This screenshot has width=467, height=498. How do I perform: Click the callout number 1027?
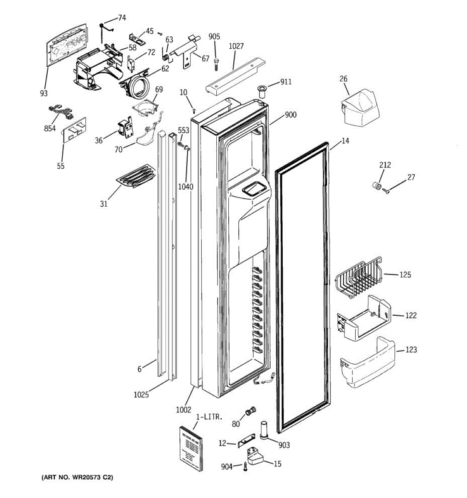(236, 46)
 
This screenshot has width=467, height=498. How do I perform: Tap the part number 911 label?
(286, 82)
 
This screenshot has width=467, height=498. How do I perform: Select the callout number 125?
(405, 275)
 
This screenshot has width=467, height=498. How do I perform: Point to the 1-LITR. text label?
(209, 417)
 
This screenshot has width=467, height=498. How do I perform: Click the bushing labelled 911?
(262, 91)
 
